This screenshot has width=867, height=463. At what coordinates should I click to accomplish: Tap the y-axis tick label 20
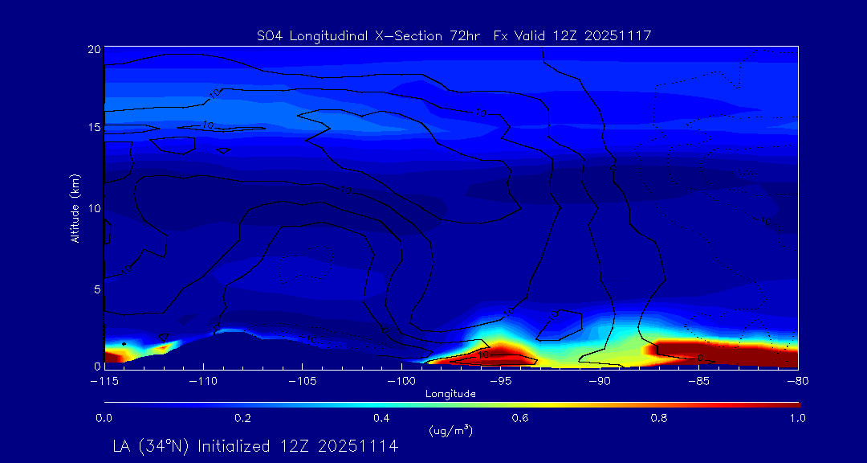pyautogui.click(x=93, y=49)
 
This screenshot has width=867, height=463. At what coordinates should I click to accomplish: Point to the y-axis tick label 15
pyautogui.click(x=93, y=128)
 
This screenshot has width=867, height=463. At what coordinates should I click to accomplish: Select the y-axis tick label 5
pyautogui.click(x=96, y=288)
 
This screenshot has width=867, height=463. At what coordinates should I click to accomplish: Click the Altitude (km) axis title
pyautogui.click(x=75, y=208)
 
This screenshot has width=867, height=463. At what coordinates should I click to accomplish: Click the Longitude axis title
pyautogui.click(x=450, y=394)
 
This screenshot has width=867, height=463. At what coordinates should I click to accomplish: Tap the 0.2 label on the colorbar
pyautogui.click(x=242, y=418)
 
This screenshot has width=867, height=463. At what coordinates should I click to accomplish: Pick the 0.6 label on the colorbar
pyautogui.click(x=520, y=418)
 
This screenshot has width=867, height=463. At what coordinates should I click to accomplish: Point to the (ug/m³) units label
pyautogui.click(x=451, y=431)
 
